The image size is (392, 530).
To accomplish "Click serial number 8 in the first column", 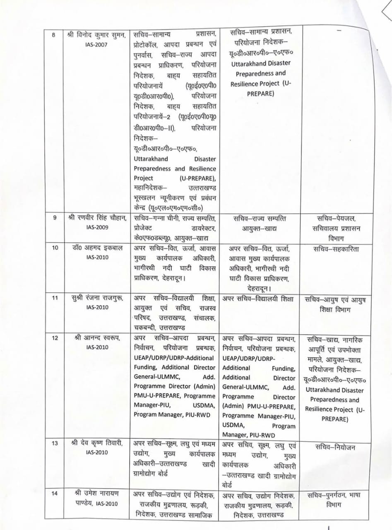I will (53, 35).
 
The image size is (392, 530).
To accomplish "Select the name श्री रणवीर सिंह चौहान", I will (96, 218).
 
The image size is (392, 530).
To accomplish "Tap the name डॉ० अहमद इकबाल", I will (94, 248).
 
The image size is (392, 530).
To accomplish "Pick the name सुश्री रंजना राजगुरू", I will (96, 299).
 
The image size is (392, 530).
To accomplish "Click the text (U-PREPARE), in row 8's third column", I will (198, 178).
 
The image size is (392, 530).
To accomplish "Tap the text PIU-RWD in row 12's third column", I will (195, 415).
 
